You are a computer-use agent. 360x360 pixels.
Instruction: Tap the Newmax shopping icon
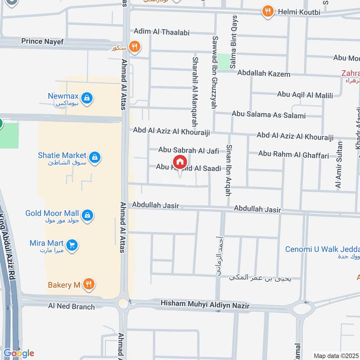click(87, 97)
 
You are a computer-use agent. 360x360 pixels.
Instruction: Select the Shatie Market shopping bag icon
click(94, 157)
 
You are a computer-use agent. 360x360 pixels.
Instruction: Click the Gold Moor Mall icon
click(88, 215)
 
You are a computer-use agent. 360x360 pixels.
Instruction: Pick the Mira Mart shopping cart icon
click(72, 245)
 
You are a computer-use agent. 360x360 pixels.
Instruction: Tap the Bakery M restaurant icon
click(90, 284)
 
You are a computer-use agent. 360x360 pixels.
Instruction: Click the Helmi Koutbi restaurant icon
click(268, 12)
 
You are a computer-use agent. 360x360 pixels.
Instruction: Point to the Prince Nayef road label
click(42, 41)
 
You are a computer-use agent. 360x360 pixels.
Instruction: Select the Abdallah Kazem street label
click(264, 73)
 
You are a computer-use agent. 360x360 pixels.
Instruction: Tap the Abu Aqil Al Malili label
click(305, 95)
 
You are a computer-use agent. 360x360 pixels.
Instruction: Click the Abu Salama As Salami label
click(268, 115)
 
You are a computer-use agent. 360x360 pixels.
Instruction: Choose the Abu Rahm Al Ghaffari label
click(293, 154)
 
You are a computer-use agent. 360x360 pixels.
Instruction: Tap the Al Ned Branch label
click(72, 306)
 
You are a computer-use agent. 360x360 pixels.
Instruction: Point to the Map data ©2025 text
click(336, 356)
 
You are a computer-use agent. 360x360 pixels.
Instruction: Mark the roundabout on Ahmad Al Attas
click(123, 304)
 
